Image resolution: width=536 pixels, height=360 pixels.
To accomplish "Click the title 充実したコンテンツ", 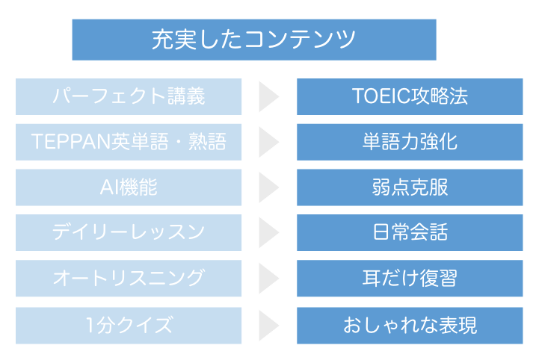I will coord(253,39).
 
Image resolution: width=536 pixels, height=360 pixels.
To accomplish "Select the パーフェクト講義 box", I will coord(129,96).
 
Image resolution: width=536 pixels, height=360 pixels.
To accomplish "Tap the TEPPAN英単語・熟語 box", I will coord(129,142).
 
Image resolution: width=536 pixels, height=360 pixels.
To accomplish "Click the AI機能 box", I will coord(129,187).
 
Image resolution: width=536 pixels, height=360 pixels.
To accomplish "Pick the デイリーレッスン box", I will coord(129,233).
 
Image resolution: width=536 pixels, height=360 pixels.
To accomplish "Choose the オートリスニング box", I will coord(129,279).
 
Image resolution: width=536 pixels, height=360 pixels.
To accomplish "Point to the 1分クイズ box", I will coord(129,325).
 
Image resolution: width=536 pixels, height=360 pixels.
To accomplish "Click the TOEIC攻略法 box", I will coord(410,96).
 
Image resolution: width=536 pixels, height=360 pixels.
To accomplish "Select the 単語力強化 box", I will coord(410,142).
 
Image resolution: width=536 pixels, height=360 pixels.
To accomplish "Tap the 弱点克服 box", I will coord(410,187).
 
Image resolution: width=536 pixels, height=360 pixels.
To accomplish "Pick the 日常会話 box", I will coord(410,233).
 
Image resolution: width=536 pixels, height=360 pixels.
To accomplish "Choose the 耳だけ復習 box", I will coord(410,279).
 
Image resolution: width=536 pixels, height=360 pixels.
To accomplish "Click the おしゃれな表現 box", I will coord(410,325).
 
